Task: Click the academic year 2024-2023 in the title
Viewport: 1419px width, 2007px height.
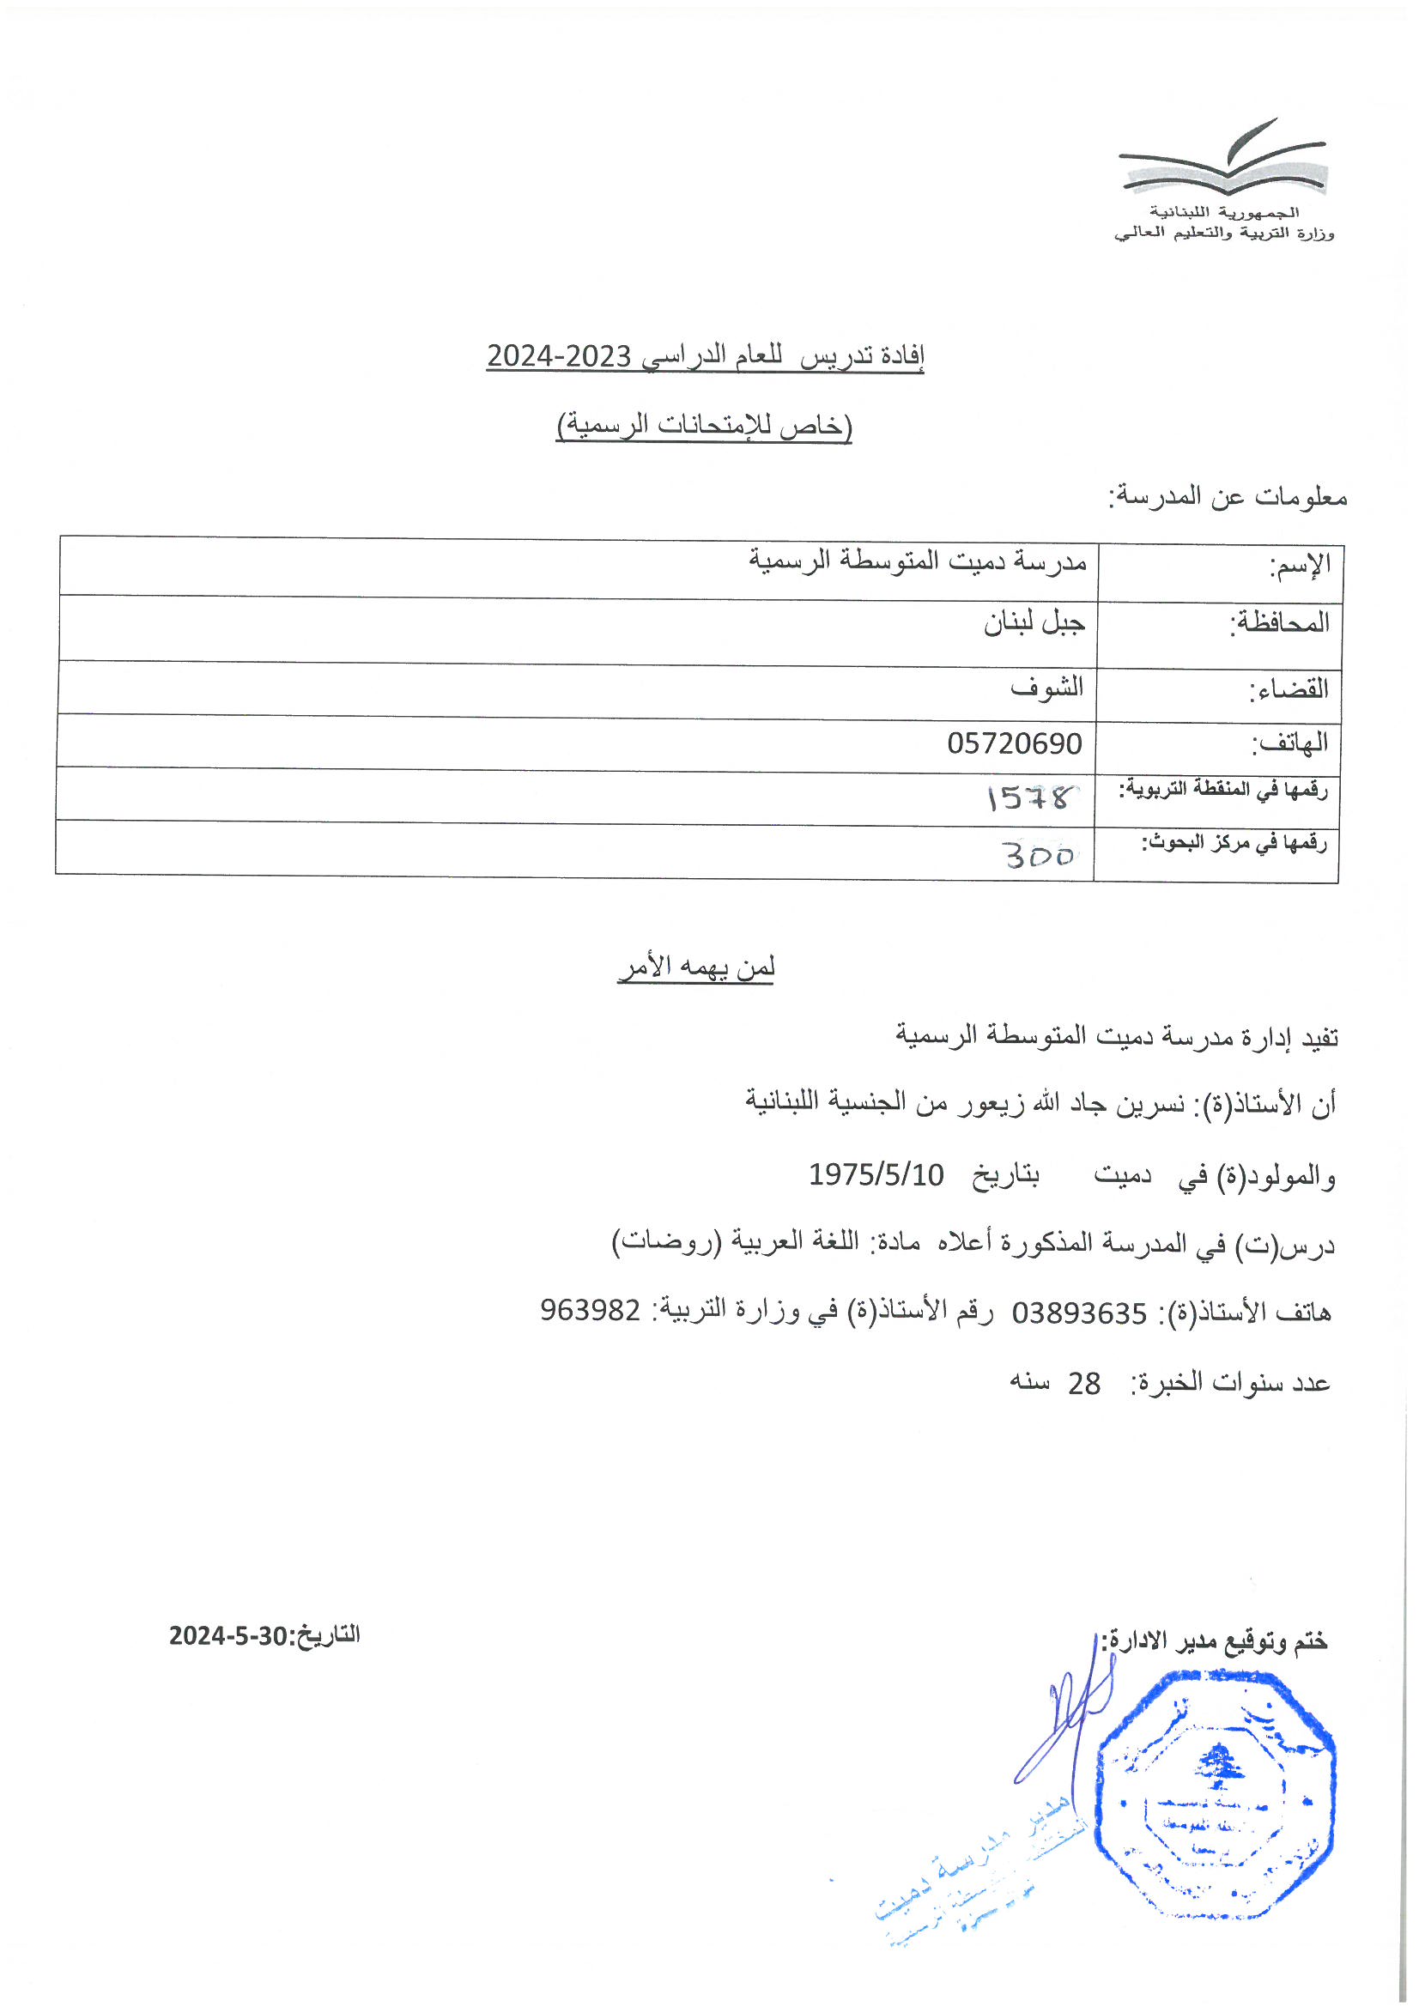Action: (x=559, y=355)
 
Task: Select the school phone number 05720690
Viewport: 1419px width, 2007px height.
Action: (x=1014, y=743)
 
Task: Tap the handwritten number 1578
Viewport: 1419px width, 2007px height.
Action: (x=1028, y=797)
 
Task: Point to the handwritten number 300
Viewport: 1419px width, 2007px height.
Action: (x=1038, y=854)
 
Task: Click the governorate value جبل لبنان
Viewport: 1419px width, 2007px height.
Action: (x=1034, y=622)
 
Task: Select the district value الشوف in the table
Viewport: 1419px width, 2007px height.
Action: (x=1046, y=687)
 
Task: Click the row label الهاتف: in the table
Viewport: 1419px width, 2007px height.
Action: (x=1289, y=743)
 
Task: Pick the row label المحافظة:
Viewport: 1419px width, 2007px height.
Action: (x=1279, y=622)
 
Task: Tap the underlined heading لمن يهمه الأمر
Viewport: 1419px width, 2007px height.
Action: (x=696, y=967)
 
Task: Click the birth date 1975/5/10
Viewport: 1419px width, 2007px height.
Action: (x=876, y=1174)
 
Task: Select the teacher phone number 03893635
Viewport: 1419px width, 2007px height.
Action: (x=1079, y=1312)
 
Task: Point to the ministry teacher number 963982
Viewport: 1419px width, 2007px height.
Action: (x=590, y=1310)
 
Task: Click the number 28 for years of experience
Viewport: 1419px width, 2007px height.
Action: (x=1084, y=1383)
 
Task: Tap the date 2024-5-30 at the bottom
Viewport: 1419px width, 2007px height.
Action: (x=229, y=1634)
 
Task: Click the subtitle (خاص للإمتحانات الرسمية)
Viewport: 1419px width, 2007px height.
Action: (x=704, y=426)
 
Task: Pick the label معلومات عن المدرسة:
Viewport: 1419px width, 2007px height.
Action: (x=1228, y=497)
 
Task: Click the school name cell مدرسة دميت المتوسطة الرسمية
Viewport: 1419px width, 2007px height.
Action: (x=917, y=561)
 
